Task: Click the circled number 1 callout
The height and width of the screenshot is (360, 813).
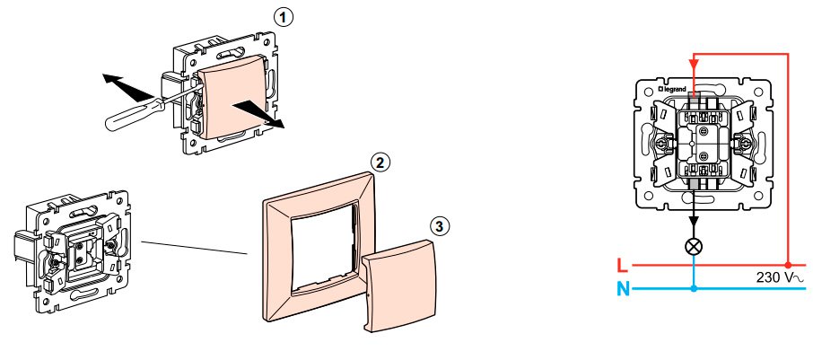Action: click(x=283, y=18)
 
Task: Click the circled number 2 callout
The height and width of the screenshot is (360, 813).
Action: click(x=380, y=162)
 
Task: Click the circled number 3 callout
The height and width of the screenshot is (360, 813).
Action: click(x=441, y=225)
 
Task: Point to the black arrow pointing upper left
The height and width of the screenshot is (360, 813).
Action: click(x=127, y=86)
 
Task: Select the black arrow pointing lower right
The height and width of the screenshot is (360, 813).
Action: click(x=258, y=114)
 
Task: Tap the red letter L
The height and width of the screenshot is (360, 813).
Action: click(x=623, y=266)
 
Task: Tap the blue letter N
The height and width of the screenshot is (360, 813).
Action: click(x=624, y=288)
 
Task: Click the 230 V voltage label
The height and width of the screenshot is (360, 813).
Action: click(x=782, y=278)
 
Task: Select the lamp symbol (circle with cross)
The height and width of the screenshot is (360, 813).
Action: click(x=694, y=247)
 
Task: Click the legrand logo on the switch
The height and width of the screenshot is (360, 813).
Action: click(x=672, y=89)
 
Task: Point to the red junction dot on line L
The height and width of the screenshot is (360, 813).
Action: click(x=788, y=265)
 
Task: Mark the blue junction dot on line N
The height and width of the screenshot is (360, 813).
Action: click(x=694, y=288)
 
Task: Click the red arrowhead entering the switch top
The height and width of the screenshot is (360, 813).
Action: click(x=694, y=64)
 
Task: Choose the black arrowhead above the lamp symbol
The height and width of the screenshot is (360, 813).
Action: click(x=694, y=221)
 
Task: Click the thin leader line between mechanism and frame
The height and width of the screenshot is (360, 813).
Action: click(x=195, y=248)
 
